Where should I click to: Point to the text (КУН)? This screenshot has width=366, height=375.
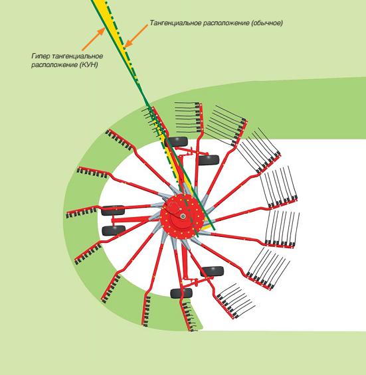coord(88,65)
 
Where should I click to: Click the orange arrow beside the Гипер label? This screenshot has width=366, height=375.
coord(94,39)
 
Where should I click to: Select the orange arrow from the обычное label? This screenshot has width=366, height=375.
coord(136,36)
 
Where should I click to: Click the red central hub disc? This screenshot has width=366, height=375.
coord(183,216)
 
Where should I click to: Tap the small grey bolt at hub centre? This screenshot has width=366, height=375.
coord(183,216)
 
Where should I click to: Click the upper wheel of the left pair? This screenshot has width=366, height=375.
coord(113,210)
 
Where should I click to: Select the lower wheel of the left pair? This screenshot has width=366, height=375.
coord(114,230)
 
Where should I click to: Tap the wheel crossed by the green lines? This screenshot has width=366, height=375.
coord(177,142)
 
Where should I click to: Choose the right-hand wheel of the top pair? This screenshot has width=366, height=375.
coord(209,160)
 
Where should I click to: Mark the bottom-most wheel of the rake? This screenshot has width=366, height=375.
coord(181,293)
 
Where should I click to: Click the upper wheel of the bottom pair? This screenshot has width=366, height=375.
coord(212,271)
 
